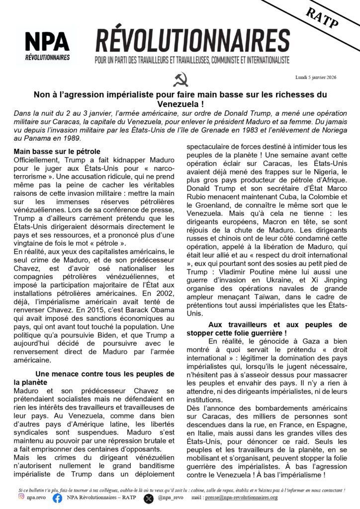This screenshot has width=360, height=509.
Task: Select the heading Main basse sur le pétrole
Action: pos(57,151)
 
